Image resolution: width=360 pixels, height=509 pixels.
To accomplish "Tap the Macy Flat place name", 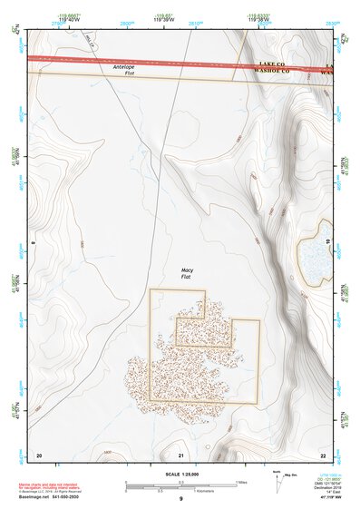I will coord(186,273).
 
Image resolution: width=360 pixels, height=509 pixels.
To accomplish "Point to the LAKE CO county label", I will coord(272,64).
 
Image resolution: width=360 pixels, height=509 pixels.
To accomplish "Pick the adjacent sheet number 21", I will coord(181,454).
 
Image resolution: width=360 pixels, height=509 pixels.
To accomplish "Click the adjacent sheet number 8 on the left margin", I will coord(34,243).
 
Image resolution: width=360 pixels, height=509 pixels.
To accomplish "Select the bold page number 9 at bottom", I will coord(180,499).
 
